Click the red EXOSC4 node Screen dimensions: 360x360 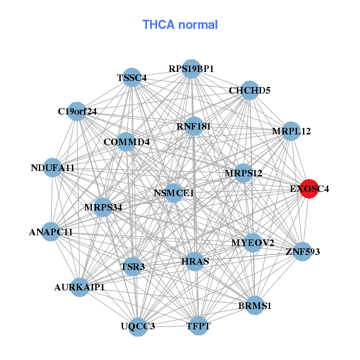pyautogui.click(x=309, y=189)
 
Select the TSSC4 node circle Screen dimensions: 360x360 pyautogui.click(x=133, y=78)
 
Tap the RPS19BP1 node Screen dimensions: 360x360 pyautogui.click(x=191, y=69)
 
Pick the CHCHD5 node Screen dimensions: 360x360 pyautogui.click(x=250, y=91)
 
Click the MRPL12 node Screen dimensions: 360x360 pyautogui.click(x=291, y=131)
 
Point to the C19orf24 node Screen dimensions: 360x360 pyautogui.click(x=77, y=111)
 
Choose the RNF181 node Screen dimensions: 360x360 pyautogui.click(x=194, y=126)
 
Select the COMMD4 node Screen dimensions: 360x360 pyautogui.click(x=126, y=142)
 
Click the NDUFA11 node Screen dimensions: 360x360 pyautogui.click(x=52, y=168)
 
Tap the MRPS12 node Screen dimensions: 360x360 pyautogui.click(x=244, y=173)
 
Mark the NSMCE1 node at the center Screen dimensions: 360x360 pyautogui.click(x=174, y=193)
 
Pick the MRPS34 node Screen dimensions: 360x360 pyautogui.click(x=103, y=208)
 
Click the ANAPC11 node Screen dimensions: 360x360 pyautogui.click(x=50, y=232)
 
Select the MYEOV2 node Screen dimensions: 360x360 pyautogui.click(x=253, y=243)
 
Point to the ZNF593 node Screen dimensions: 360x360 pyautogui.click(x=303, y=251)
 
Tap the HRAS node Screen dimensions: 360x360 pyautogui.click(x=195, y=262)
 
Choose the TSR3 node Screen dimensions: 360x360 pyautogui.click(x=133, y=266)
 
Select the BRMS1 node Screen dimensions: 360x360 pyautogui.click(x=255, y=305)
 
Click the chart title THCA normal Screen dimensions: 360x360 pyautogui.click(x=180, y=25)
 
